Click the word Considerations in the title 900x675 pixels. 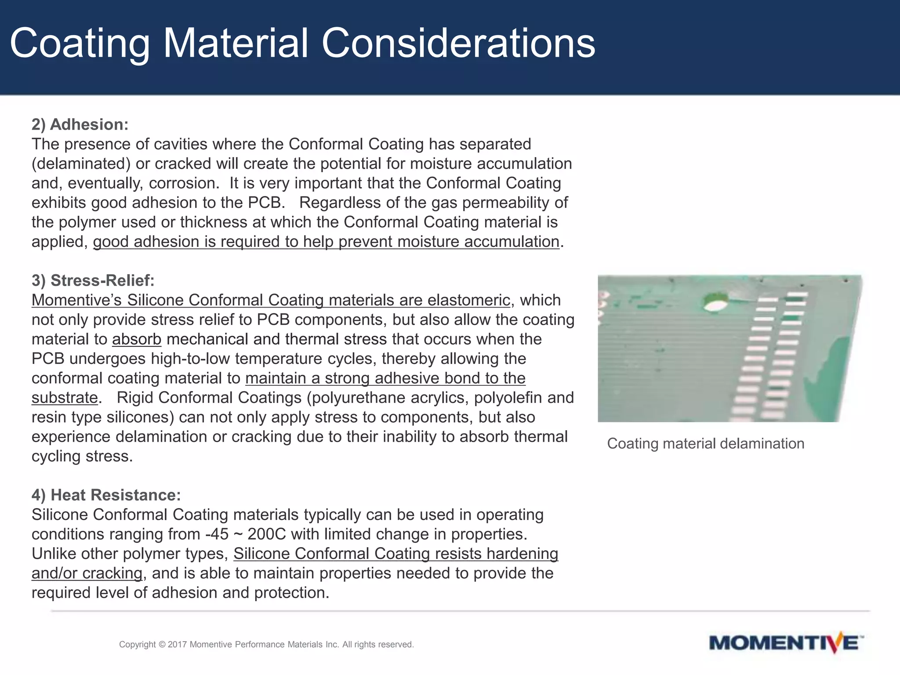tap(458, 43)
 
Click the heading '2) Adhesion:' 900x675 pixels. tap(80, 124)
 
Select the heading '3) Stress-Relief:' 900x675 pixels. tap(93, 280)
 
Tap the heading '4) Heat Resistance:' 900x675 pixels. tap(106, 495)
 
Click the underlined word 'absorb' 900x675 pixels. tap(137, 339)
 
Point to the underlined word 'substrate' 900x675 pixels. tap(64, 398)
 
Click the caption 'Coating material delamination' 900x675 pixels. tap(705, 443)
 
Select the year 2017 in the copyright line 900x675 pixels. tap(177, 645)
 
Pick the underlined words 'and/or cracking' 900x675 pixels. tap(87, 573)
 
